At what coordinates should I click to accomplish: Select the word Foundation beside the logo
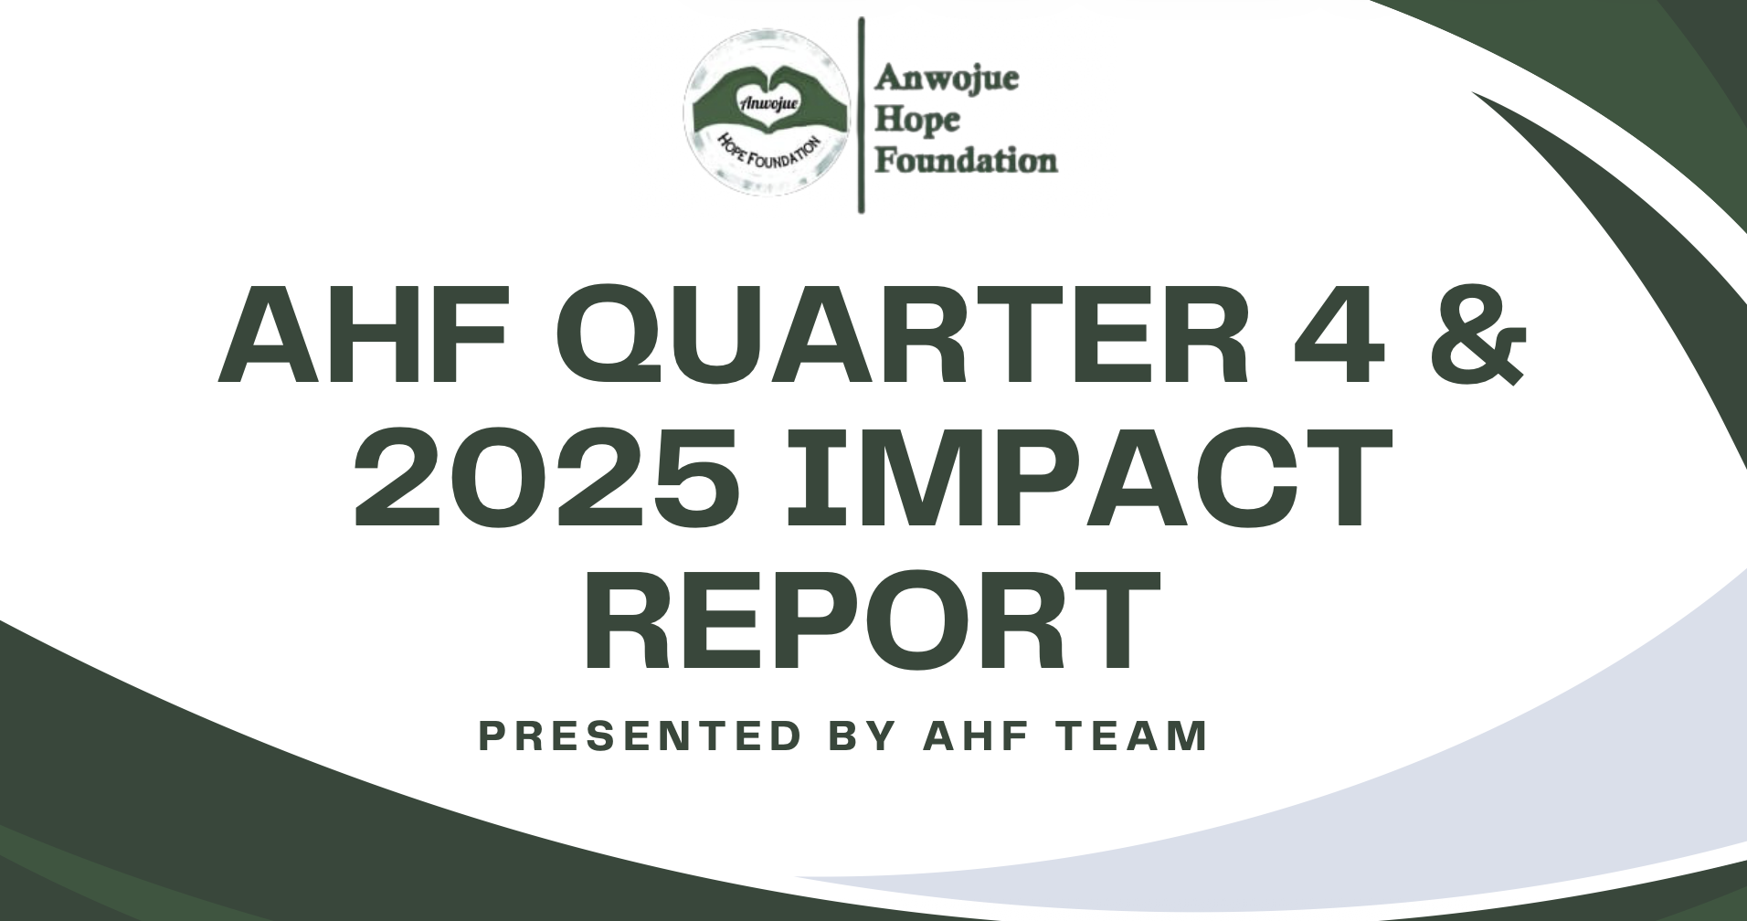[x=967, y=162]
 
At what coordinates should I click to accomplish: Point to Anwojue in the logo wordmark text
[x=947, y=80]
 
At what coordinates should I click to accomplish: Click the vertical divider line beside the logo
[x=862, y=115]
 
